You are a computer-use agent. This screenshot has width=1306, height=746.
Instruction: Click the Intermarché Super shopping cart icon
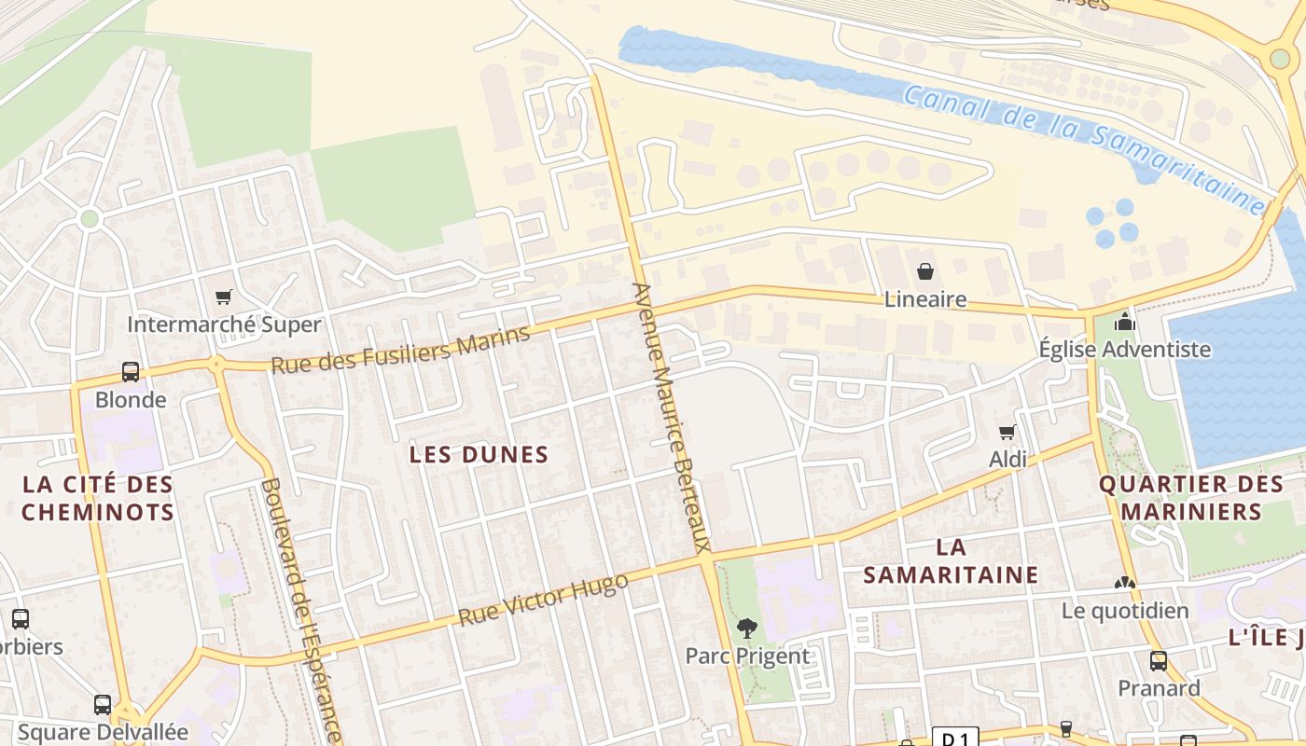[x=223, y=297]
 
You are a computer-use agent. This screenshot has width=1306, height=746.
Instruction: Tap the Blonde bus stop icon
[x=131, y=372]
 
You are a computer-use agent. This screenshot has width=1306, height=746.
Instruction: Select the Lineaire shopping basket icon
[x=925, y=271]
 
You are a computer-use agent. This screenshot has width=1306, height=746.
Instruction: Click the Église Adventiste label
[x=1124, y=350]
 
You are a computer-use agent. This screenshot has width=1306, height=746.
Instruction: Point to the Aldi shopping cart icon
[x=1007, y=432]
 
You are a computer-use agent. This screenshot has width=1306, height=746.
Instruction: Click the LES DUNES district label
[x=479, y=455]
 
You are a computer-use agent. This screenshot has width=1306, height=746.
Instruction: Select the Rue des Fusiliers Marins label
[x=400, y=349]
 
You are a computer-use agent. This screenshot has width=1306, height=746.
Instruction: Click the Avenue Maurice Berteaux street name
[x=672, y=417]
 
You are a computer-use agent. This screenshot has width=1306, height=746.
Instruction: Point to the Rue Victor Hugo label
[x=542, y=601]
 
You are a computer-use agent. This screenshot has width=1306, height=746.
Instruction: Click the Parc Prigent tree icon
[x=746, y=629]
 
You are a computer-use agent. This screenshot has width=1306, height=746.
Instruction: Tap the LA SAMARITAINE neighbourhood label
[x=951, y=560]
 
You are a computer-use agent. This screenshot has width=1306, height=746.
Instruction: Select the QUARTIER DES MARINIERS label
[x=1191, y=498]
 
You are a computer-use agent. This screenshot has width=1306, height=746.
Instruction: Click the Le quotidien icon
[x=1125, y=583]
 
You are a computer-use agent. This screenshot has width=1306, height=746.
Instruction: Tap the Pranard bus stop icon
[x=1159, y=661]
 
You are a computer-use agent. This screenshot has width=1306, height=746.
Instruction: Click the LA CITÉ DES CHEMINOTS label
[x=98, y=498]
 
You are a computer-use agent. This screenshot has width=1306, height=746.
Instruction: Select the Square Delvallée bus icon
[x=103, y=705]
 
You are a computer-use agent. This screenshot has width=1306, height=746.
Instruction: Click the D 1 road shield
[x=955, y=739]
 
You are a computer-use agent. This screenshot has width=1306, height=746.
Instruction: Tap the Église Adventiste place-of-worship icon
[x=1125, y=322]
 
